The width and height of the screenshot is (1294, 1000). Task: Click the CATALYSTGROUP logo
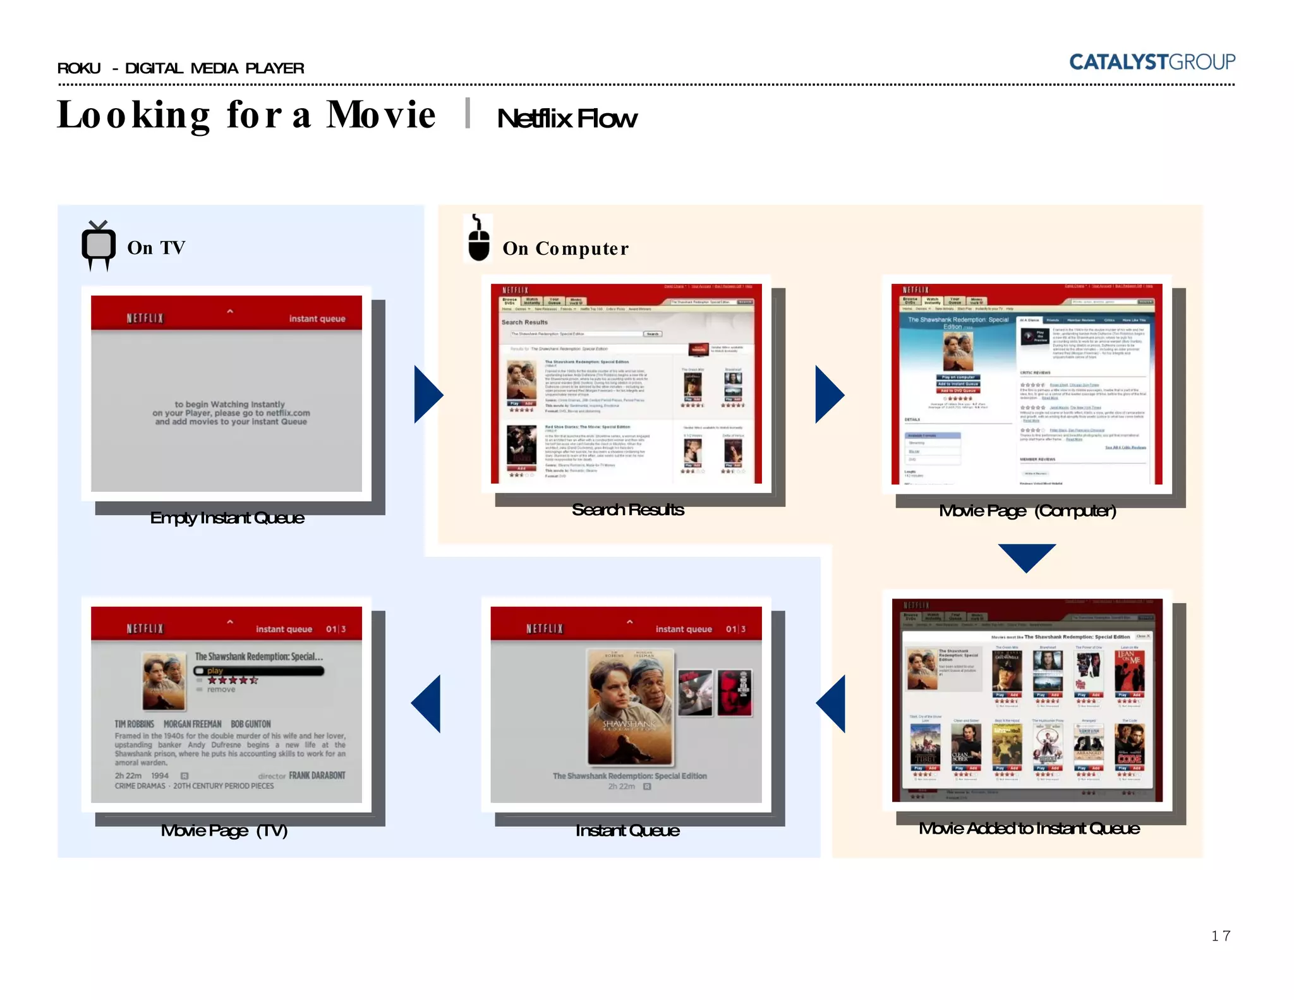pos(1151,62)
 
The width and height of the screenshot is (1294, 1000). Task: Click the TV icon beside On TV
pos(99,246)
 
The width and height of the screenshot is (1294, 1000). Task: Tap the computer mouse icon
pos(478,240)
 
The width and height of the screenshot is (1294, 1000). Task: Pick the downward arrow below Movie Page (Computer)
pos(1027,556)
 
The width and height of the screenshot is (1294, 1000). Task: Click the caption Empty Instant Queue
pos(227,518)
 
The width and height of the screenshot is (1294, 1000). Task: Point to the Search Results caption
pos(627,509)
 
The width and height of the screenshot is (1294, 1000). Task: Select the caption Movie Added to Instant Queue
pos(1029,828)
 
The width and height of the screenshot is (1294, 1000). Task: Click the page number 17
pos(1220,936)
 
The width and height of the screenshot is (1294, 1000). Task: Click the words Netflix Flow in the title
pos(567,118)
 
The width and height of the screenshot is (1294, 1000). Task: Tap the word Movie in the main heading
pos(381,115)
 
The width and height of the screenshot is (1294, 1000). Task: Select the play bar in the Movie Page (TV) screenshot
pos(259,671)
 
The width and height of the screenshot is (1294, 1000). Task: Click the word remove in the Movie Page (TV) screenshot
pos(221,690)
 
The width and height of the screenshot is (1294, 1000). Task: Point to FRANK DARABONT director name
pos(317,776)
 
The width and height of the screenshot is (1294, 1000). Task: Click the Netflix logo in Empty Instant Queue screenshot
pos(145,318)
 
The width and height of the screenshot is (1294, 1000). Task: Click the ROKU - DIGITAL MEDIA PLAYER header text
pos(181,68)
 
